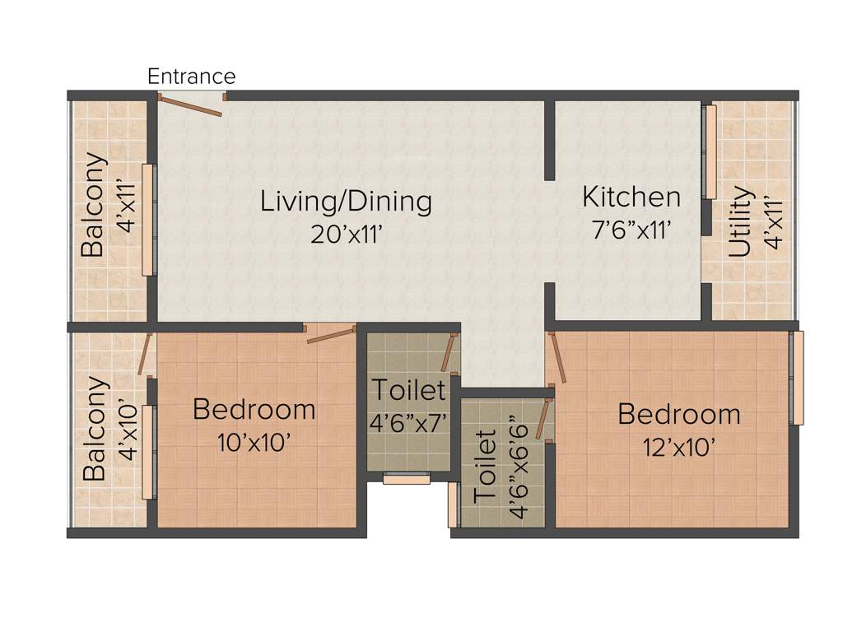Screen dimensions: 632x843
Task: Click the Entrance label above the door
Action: click(x=191, y=77)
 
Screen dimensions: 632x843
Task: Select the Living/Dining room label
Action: click(x=346, y=201)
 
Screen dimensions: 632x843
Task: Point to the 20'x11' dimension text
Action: click(x=347, y=234)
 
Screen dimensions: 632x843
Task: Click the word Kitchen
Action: click(x=631, y=197)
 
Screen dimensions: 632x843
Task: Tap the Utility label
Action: click(x=740, y=222)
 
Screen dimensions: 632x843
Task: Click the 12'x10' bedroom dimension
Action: click(x=678, y=446)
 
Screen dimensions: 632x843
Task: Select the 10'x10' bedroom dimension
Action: click(x=254, y=443)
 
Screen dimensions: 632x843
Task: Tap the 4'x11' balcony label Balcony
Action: click(x=94, y=205)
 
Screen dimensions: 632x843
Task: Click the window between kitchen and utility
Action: click(x=709, y=151)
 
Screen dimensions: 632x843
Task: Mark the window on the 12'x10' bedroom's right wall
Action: click(x=795, y=378)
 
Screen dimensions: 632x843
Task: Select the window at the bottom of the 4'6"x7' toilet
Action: click(x=407, y=479)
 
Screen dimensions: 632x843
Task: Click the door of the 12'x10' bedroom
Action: click(x=558, y=357)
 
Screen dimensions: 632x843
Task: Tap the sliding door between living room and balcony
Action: click(x=148, y=220)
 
